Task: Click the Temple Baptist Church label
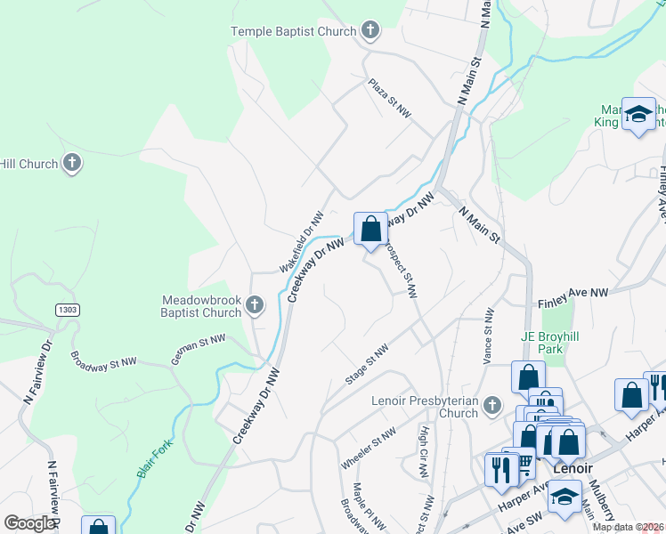(x=293, y=31)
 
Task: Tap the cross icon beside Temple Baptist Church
(x=371, y=31)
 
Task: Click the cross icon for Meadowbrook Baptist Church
(x=255, y=306)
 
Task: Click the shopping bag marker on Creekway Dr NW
(x=370, y=229)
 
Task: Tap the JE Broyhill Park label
(x=555, y=344)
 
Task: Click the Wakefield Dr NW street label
(x=300, y=242)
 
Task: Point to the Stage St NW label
(x=367, y=365)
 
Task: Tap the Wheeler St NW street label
(x=367, y=450)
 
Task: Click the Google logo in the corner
(x=28, y=523)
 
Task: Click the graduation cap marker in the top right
(x=638, y=114)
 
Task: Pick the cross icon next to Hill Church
(x=72, y=164)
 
